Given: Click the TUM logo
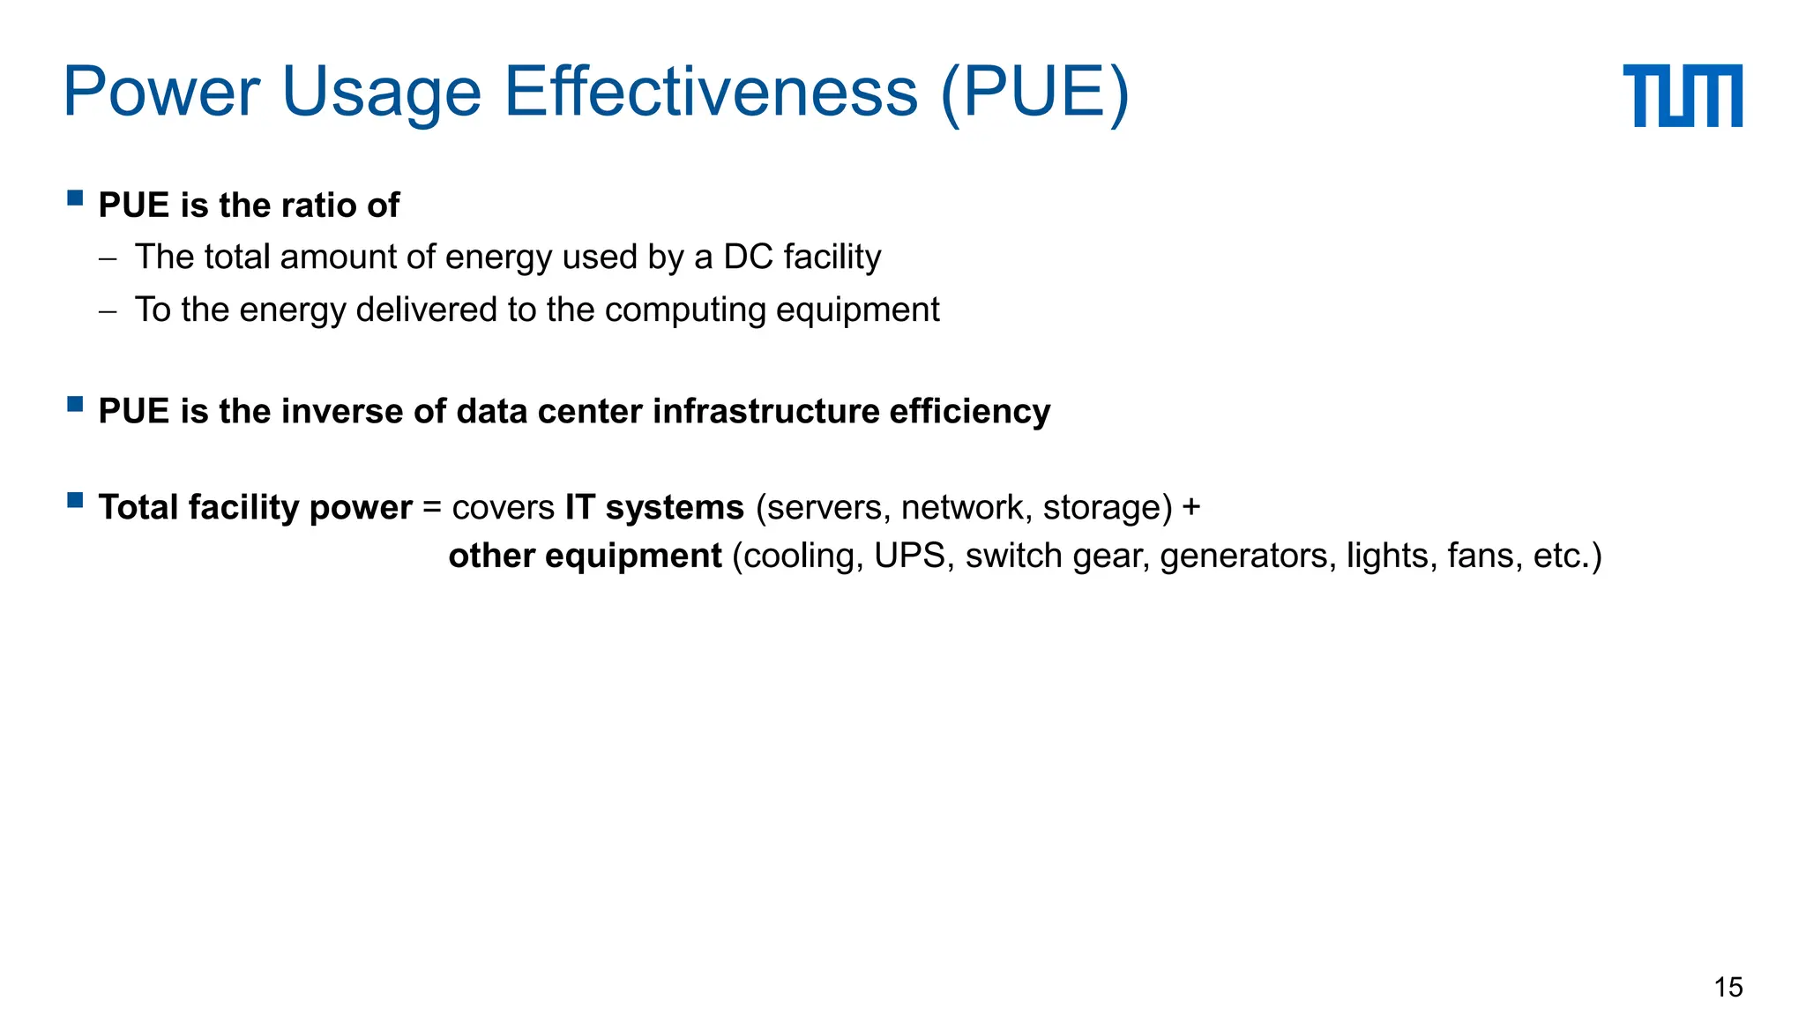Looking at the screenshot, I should pos(1682,95).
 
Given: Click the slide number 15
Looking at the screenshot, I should pos(1728,987).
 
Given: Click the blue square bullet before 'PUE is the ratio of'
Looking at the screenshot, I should pos(75,198).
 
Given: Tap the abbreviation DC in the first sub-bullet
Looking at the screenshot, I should pos(748,258).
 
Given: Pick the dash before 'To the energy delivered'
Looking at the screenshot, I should pos(108,311).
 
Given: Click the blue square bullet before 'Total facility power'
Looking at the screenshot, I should pos(75,501).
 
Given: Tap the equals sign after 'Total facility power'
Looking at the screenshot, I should pos(431,508).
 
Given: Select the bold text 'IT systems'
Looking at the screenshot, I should pos(654,508).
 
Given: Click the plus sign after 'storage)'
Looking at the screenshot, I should pos(1190,508).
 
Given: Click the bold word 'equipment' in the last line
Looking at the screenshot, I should pos(633,557).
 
